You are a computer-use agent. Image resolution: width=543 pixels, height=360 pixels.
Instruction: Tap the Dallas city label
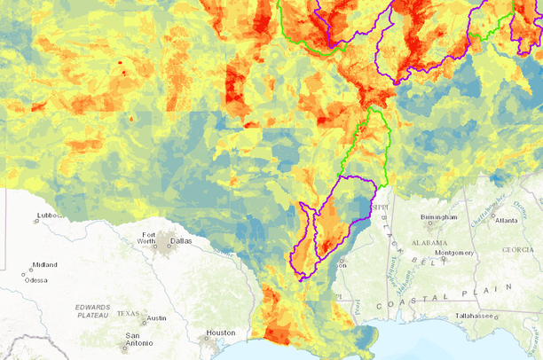click(x=181, y=240)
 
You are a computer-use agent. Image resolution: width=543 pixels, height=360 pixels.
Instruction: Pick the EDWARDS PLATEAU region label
click(x=93, y=310)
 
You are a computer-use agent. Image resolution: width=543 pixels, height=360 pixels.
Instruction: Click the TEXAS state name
click(x=129, y=314)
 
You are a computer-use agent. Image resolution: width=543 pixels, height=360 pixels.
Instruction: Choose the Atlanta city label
click(x=508, y=221)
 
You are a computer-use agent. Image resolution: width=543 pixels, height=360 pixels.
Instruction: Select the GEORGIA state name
click(x=517, y=250)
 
